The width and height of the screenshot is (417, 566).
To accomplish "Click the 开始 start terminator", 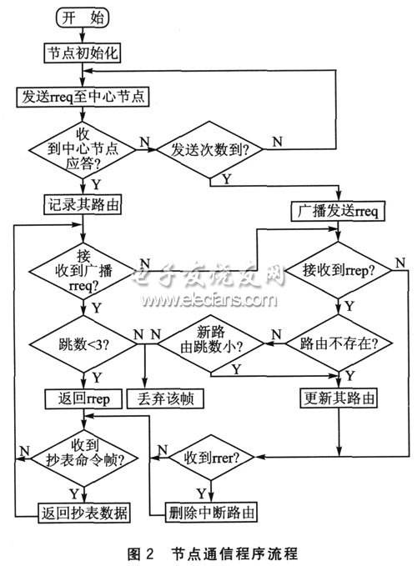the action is tap(83, 18).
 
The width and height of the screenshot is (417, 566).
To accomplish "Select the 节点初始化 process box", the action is tap(83, 53).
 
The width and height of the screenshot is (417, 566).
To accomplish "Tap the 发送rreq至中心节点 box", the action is tap(83, 97).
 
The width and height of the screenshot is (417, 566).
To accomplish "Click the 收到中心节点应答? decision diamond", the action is tap(83, 149).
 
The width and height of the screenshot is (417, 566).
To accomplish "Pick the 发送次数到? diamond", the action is tap(210, 149).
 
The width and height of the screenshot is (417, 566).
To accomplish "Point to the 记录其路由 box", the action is tap(83, 205).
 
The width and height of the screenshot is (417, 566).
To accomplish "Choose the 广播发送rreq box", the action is tap(338, 211).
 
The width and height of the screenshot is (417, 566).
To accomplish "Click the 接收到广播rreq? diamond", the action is tap(83, 271).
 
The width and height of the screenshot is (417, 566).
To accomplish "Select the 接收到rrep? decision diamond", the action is tap(339, 270).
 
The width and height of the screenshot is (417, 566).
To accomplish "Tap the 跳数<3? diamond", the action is tap(83, 344).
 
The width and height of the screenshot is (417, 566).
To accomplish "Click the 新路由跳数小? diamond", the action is tap(211, 343).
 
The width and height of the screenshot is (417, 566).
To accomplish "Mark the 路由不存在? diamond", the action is tap(339, 343).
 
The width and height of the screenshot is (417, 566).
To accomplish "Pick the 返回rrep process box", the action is tap(83, 399).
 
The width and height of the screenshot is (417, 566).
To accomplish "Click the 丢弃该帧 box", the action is tap(165, 399).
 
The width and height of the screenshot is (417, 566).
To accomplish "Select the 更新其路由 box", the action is tap(339, 398).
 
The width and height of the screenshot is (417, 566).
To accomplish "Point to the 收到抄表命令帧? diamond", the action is tap(84, 458).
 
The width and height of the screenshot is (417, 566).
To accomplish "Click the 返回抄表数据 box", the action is tap(84, 513).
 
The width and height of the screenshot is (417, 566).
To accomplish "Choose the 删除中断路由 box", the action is tap(211, 512).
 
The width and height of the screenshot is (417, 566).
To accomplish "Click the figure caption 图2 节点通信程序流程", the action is tap(213, 553).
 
